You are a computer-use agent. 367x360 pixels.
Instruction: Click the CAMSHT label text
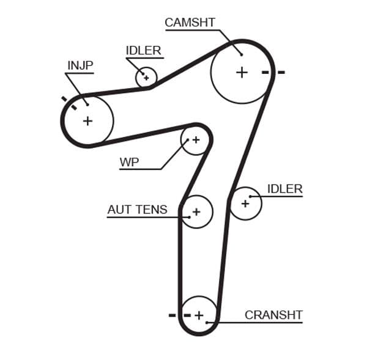pyautogui.click(x=190, y=23)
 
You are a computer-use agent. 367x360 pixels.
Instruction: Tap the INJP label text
pyautogui.click(x=80, y=65)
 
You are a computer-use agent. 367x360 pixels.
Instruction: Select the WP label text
pyautogui.click(x=129, y=162)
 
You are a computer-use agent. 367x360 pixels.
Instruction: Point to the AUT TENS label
pyautogui.click(x=137, y=210)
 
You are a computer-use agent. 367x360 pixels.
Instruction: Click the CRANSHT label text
pyautogui.click(x=273, y=315)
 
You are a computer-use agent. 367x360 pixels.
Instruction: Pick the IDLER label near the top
pyautogui.click(x=143, y=51)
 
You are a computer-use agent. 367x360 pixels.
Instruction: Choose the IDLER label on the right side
pyautogui.click(x=284, y=189)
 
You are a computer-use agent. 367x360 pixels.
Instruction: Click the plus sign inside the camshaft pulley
pyautogui.click(x=242, y=72)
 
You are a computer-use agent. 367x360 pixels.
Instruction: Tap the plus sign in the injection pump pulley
pyautogui.click(x=87, y=120)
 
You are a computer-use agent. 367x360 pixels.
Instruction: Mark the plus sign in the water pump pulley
pyautogui.click(x=196, y=140)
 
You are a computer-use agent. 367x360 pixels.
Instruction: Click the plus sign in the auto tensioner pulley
pyautogui.click(x=196, y=212)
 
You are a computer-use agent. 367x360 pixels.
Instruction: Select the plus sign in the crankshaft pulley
pyautogui.click(x=199, y=315)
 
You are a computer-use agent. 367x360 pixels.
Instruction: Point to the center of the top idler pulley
pyautogui.click(x=146, y=78)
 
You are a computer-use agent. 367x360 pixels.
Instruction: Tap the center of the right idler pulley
pyautogui.click(x=245, y=203)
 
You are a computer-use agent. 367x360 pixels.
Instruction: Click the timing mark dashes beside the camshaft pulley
pyautogui.click(x=273, y=72)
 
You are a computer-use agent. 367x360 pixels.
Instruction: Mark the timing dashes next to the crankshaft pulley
pyautogui.click(x=177, y=315)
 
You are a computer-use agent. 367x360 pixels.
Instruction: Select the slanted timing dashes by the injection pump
pyautogui.click(x=69, y=103)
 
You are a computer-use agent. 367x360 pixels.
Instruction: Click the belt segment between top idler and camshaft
pyautogui.click(x=190, y=64)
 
